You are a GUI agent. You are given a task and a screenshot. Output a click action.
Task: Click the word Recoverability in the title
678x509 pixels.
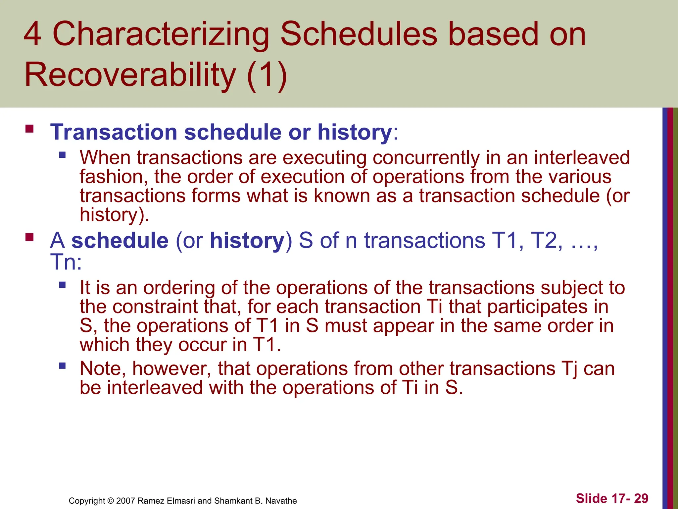click(x=130, y=75)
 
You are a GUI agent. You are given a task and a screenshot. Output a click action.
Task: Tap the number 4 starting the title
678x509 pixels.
click(x=32, y=34)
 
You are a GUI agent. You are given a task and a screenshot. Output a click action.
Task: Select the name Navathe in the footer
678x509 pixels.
click(x=281, y=501)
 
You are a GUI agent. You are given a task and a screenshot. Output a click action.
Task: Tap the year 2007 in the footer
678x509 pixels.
click(x=125, y=501)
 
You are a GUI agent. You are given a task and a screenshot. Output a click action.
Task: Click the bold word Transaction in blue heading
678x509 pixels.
click(x=114, y=132)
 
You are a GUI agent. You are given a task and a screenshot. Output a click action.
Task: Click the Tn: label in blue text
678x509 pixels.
click(x=66, y=262)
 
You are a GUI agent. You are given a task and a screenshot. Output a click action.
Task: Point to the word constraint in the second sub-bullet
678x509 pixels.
click(x=176, y=307)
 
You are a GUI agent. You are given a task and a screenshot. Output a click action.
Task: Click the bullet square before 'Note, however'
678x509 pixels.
click(x=62, y=366)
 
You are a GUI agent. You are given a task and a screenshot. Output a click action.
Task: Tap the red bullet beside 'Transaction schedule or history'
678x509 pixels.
click(x=29, y=129)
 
